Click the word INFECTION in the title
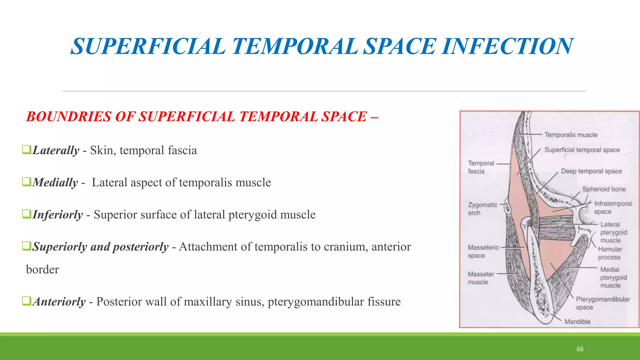pos(508,46)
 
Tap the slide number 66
pos(580,349)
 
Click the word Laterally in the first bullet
pos(56,150)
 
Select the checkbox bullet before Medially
pos(27,182)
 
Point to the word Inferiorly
pos(58,215)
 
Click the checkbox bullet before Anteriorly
pos(27,301)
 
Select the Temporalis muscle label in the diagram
pos(571,135)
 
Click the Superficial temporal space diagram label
pos(582,150)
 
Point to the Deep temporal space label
pos(591,171)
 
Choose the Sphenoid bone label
pos(604,189)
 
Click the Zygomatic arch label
pos(482,209)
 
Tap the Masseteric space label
pos(483,251)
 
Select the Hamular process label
pos(610,253)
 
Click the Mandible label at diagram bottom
pos(577,322)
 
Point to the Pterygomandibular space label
pos(603,303)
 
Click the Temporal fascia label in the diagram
pos(481,167)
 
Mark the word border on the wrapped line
pos(42,269)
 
